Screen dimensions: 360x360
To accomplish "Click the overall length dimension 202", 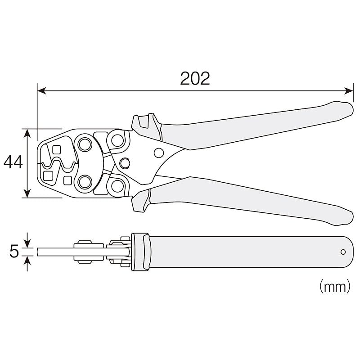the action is click(x=195, y=78).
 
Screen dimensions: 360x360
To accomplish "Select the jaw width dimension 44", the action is click(x=13, y=162).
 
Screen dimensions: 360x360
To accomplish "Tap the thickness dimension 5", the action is click(x=14, y=251).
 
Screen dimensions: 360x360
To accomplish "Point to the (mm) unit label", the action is click(x=335, y=286).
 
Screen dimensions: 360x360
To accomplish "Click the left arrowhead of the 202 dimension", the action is click(x=41, y=91).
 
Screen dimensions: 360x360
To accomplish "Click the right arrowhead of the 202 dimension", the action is click(x=349, y=91).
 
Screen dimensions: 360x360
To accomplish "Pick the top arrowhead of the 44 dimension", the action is click(x=27, y=133).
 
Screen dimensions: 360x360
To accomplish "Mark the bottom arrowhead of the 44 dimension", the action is click(x=27, y=193).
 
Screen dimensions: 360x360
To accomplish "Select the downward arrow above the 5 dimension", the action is click(x=27, y=240).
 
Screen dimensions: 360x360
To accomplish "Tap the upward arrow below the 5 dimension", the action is click(x=27, y=264).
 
